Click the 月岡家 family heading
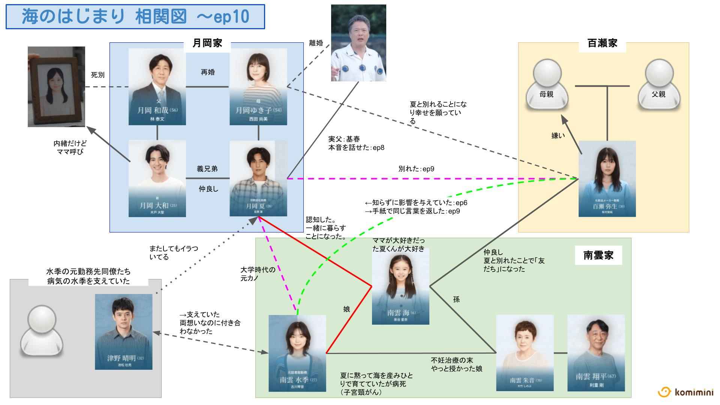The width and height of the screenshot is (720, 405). (207, 43)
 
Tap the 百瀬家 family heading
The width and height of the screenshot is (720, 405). (602, 43)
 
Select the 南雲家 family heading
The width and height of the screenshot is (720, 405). (598, 256)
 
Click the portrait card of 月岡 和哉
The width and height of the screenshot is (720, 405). (157, 87)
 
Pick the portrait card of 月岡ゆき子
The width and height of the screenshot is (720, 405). (258, 87)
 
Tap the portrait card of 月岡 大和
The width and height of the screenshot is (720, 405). (157, 178)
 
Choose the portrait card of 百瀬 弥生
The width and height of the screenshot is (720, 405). (607, 178)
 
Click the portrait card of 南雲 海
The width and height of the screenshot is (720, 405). (400, 286)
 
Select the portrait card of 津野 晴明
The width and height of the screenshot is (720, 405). (123, 331)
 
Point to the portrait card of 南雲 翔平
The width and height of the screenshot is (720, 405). (596, 353)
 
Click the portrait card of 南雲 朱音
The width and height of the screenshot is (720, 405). (525, 353)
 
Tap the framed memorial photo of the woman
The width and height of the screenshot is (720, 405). (56, 87)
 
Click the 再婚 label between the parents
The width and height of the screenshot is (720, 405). (208, 72)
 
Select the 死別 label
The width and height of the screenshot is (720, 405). (97, 75)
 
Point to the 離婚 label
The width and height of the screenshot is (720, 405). (316, 43)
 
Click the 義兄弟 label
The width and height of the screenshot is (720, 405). (207, 169)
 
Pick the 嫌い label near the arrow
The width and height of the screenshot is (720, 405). (558, 136)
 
